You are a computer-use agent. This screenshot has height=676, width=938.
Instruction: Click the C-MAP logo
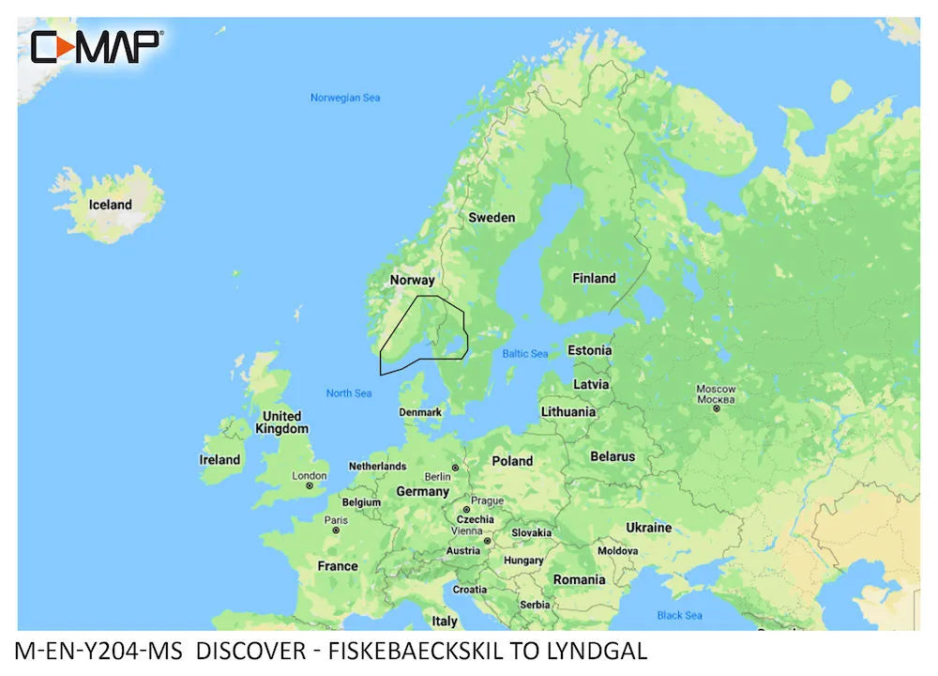point(98,46)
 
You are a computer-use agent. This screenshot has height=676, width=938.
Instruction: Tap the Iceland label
point(110,205)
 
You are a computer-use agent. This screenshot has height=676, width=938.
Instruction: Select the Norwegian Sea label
point(345,98)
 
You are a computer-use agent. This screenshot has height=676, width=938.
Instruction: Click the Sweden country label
point(492,218)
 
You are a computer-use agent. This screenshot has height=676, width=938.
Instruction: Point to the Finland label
point(594,278)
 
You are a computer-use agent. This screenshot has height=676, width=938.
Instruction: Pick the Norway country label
point(412,280)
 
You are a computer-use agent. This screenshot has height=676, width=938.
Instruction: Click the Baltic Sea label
point(524,354)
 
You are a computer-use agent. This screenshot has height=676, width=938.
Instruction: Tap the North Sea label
point(349,393)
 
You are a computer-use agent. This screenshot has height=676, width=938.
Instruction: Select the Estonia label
point(589,350)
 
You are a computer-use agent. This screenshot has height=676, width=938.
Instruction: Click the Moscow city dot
point(716,408)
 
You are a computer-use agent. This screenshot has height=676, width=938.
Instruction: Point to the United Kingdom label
point(281,422)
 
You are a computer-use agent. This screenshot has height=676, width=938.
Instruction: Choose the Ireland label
point(219,460)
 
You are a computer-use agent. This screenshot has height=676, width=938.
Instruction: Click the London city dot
point(310,485)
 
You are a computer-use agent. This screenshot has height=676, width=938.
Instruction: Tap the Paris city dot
point(335,530)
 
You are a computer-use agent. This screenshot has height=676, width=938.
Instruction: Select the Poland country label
point(512,461)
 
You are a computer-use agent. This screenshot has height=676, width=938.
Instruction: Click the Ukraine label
point(649,528)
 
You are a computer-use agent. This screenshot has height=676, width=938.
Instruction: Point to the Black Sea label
point(679,616)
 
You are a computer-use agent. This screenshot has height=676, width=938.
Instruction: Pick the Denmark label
point(420,413)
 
